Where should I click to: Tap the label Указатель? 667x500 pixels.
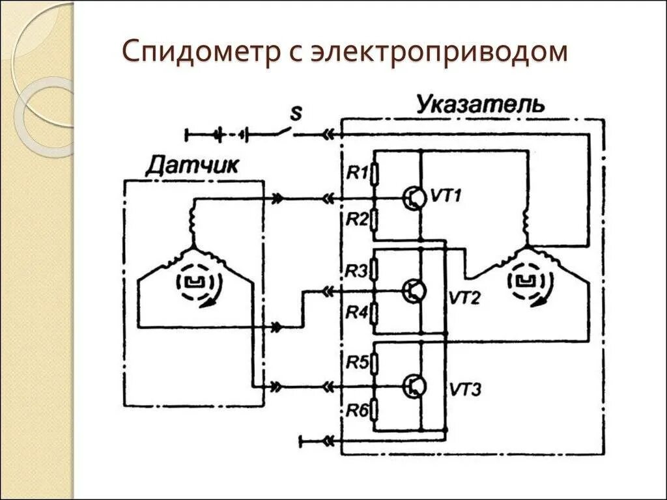click(x=481, y=104)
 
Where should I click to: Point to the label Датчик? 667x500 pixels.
click(x=192, y=165)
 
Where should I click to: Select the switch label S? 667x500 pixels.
click(x=296, y=114)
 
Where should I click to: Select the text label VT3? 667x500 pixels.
click(x=465, y=390)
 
